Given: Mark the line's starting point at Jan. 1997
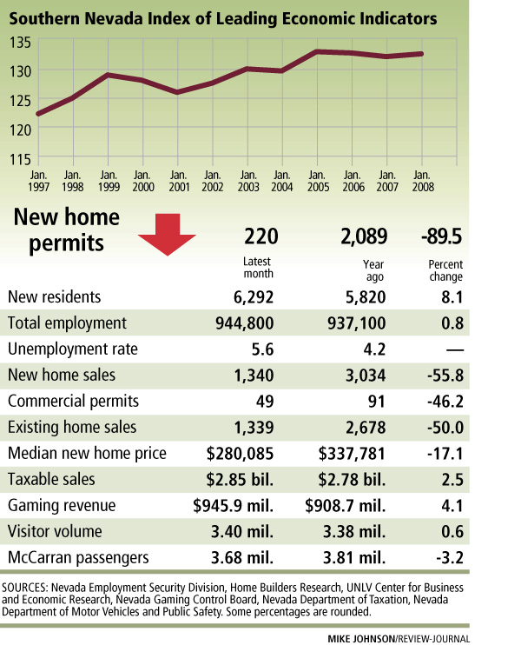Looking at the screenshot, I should [38, 114].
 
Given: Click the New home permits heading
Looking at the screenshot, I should [63, 229].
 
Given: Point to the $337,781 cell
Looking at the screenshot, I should [349, 454].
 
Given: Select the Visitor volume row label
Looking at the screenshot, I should [54, 532].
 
